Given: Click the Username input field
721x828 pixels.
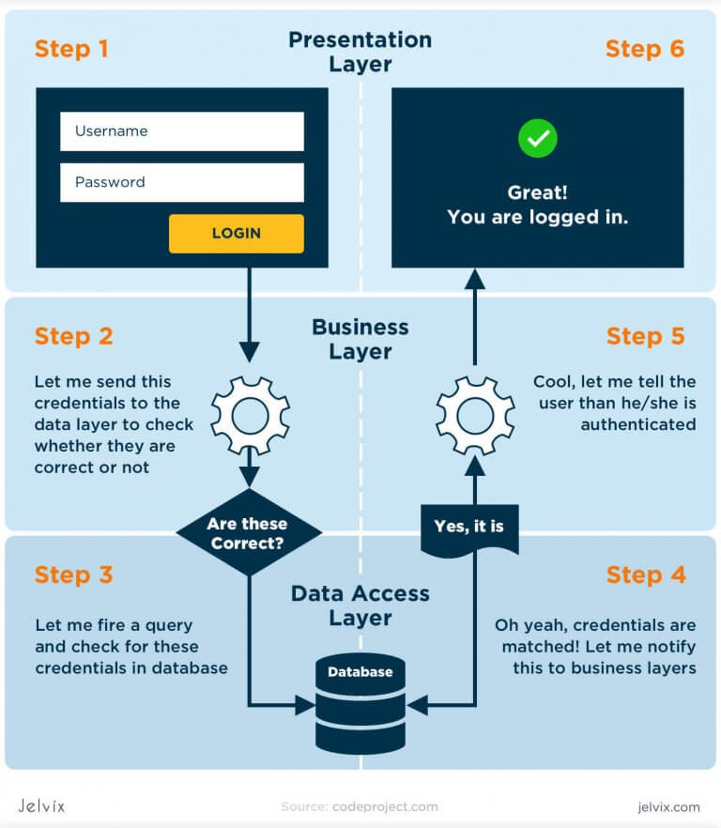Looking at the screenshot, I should pyautogui.click(x=181, y=131).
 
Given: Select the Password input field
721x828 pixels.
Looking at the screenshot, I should pyautogui.click(x=181, y=182).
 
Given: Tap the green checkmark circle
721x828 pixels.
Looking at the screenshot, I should pyautogui.click(x=537, y=139).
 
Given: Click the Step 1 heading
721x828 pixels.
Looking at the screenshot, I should pyautogui.click(x=71, y=49).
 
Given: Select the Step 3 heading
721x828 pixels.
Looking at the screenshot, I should pyautogui.click(x=73, y=575).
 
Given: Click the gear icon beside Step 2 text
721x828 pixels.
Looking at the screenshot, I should pyautogui.click(x=249, y=416).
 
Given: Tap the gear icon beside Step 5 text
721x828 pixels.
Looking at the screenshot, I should pyautogui.click(x=475, y=416).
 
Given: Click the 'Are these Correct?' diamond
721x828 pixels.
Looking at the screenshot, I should pyautogui.click(x=249, y=533).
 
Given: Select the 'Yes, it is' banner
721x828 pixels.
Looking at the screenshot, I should pyautogui.click(x=469, y=528).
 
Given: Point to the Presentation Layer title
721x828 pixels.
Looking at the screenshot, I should pyautogui.click(x=360, y=52).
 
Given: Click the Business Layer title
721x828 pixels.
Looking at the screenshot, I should pyautogui.click(x=360, y=339).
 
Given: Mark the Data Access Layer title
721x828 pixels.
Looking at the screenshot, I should pyautogui.click(x=360, y=606).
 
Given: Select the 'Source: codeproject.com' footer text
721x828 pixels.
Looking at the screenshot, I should pyautogui.click(x=360, y=806).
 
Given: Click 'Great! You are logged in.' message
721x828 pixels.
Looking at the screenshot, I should pyautogui.click(x=537, y=205).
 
